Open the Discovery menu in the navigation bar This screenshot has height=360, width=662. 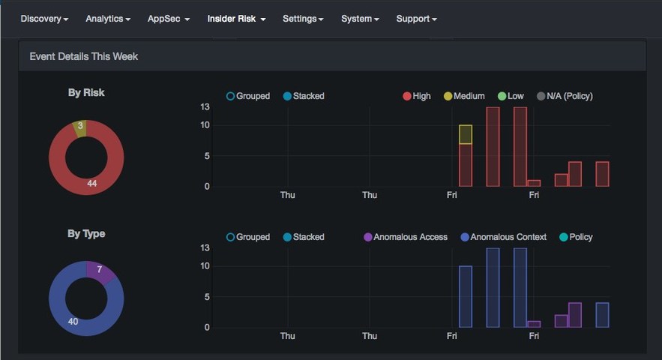tap(44, 19)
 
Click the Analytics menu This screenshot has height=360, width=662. tap(108, 19)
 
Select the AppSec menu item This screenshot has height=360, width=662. tap(169, 19)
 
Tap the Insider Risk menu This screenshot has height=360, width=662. tap(236, 19)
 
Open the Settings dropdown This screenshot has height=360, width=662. tap(303, 19)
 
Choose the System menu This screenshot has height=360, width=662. tap(360, 19)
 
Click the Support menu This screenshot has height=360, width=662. tap(416, 19)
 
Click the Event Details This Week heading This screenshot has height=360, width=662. tap(84, 56)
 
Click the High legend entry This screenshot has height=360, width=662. tap(417, 96)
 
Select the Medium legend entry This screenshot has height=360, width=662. tap(464, 96)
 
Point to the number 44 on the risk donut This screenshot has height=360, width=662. tap(91, 183)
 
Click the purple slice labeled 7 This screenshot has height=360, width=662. tap(99, 270)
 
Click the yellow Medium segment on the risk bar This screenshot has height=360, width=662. tap(466, 135)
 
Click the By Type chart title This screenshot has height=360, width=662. tap(86, 234)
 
